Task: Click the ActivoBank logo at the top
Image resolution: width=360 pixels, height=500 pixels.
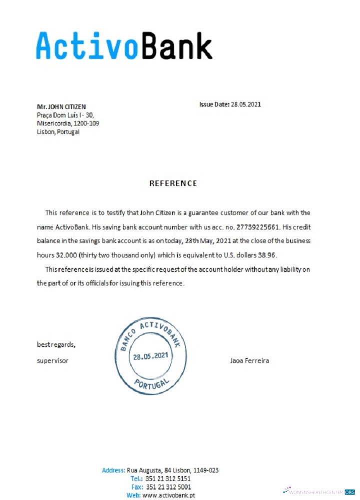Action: [124, 46]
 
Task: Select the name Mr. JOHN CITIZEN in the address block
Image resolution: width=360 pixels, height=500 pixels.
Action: [61, 106]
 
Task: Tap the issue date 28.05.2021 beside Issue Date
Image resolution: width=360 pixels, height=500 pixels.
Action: [246, 104]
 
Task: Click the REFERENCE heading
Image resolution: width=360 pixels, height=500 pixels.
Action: [173, 183]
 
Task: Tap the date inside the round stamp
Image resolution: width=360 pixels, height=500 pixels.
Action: [150, 357]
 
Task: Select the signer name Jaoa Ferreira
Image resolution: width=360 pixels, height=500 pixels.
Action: [249, 360]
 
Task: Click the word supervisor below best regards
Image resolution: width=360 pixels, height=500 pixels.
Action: [52, 360]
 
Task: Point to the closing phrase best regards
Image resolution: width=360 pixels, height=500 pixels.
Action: [56, 344]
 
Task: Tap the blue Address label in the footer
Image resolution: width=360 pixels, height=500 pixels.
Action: [113, 470]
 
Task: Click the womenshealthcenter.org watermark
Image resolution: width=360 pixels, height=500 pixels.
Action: [319, 491]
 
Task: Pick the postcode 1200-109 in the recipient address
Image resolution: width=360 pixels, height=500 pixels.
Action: [87, 123]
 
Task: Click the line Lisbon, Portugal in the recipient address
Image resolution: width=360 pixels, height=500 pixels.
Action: [58, 132]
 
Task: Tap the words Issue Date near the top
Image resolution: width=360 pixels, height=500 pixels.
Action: [214, 104]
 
